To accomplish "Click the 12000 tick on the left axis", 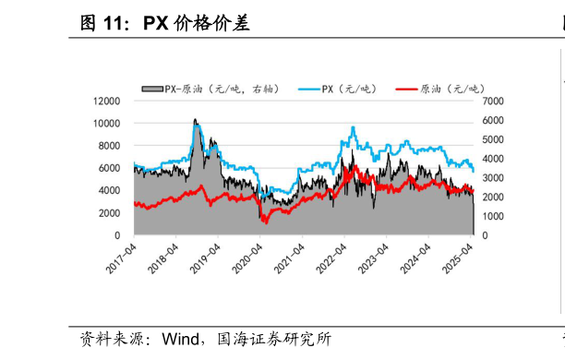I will point(108,100).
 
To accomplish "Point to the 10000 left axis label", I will point(108,123).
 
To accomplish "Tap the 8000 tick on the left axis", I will point(111,145).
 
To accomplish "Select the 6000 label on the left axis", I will point(111,168).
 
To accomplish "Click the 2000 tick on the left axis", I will point(111,213).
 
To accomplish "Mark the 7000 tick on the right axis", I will point(491,100).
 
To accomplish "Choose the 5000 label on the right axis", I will point(491,138).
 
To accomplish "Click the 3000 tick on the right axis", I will point(491,177).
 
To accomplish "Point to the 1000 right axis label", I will point(491,216).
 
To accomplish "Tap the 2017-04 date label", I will point(122,258).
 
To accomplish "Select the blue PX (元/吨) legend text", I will point(350,89).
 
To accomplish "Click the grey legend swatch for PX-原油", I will point(151,89).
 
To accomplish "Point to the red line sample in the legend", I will point(405,89).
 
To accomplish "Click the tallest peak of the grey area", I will point(195,119).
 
